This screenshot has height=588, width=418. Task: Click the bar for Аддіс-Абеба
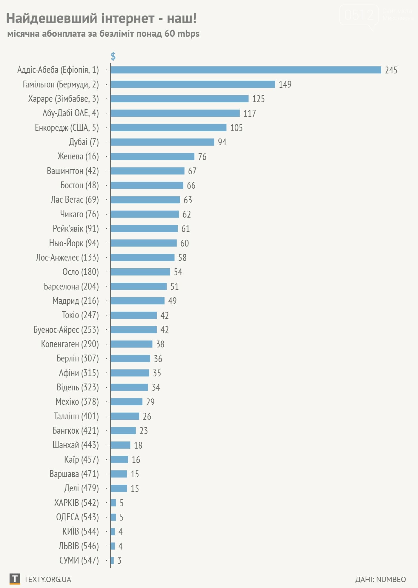point(245,70)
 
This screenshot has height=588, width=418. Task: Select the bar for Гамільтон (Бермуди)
point(193,84)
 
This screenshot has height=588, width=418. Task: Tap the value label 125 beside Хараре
point(258,99)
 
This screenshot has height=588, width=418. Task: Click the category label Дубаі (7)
point(84,142)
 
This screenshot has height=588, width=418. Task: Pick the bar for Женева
point(152,156)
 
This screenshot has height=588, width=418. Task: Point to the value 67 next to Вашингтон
point(192,171)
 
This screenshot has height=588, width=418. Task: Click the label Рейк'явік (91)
point(76,229)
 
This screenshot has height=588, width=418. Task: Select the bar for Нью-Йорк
point(143,243)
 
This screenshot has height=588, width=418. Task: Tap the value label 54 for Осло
point(178,272)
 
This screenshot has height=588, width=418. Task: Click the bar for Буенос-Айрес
point(133,330)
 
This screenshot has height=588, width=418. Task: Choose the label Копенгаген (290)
point(70,344)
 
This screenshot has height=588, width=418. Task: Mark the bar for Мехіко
point(126,402)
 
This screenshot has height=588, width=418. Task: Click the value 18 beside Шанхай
point(138,445)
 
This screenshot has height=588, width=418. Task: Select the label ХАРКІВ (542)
point(76,503)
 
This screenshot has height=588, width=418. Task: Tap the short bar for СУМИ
point(112,561)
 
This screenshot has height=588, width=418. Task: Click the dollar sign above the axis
point(113,56)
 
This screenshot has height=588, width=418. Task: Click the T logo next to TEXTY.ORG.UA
point(15,579)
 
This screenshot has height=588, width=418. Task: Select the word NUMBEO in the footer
point(391,579)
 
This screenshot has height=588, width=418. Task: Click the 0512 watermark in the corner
point(359,15)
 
